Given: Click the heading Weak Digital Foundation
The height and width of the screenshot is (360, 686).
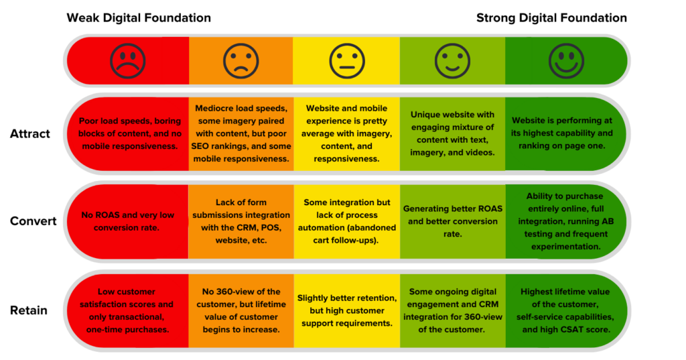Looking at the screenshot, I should [139, 18].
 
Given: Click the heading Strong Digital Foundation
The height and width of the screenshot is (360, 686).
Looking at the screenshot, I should [551, 18].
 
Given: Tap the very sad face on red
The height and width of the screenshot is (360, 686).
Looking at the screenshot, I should [128, 61].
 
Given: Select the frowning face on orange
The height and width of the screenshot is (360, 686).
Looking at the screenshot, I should [241, 61].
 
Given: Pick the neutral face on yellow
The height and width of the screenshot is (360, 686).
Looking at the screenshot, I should [346, 61].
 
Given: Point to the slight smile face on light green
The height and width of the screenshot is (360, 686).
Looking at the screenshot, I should [452, 61].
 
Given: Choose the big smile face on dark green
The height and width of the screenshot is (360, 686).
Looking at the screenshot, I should [566, 61].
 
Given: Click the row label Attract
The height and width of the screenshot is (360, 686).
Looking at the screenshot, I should [30, 134].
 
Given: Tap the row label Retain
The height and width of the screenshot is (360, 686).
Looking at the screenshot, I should [28, 310].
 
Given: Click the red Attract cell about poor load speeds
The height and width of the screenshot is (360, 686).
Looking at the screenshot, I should [129, 133].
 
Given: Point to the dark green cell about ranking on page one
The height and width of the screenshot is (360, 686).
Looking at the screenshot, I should [567, 133].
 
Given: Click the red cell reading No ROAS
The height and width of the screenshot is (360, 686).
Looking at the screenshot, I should [129, 221].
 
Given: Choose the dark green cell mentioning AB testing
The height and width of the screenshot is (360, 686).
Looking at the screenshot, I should [567, 221].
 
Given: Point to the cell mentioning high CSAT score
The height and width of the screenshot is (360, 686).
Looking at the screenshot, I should [567, 310].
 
